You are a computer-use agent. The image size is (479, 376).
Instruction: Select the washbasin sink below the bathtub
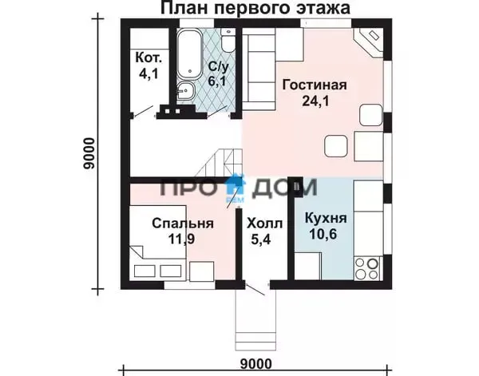(x=185, y=91)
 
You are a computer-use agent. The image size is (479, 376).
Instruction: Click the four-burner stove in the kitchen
(x=366, y=268)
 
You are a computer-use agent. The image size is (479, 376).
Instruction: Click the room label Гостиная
(x=315, y=85)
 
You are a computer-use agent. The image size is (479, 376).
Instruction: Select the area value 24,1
(x=315, y=101)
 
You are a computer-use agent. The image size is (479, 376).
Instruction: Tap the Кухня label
(x=326, y=218)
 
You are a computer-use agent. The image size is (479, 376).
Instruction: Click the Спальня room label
(x=183, y=224)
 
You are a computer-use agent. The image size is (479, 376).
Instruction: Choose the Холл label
(x=264, y=224)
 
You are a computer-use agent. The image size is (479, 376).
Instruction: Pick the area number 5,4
(x=260, y=239)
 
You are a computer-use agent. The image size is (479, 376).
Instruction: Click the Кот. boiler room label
(x=148, y=57)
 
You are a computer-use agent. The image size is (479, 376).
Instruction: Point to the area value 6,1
(x=217, y=81)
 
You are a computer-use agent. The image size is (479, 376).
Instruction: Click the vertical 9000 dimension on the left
(x=89, y=153)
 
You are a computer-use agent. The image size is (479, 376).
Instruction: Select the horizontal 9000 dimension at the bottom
(x=256, y=364)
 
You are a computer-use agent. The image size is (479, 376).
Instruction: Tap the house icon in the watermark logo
(x=236, y=185)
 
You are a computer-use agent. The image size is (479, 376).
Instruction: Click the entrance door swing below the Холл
(x=255, y=290)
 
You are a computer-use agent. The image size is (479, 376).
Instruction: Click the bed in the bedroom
(x=158, y=243)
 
